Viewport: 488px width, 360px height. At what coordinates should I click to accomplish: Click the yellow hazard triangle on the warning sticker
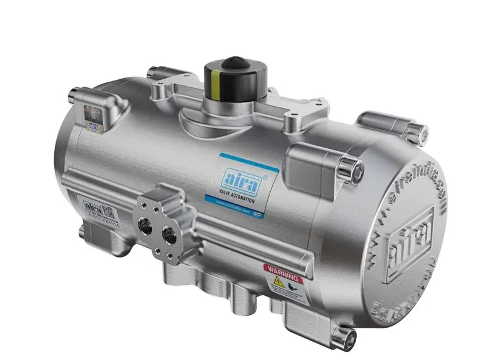(278, 282)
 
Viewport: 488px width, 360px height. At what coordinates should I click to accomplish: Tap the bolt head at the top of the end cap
(417, 129)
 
